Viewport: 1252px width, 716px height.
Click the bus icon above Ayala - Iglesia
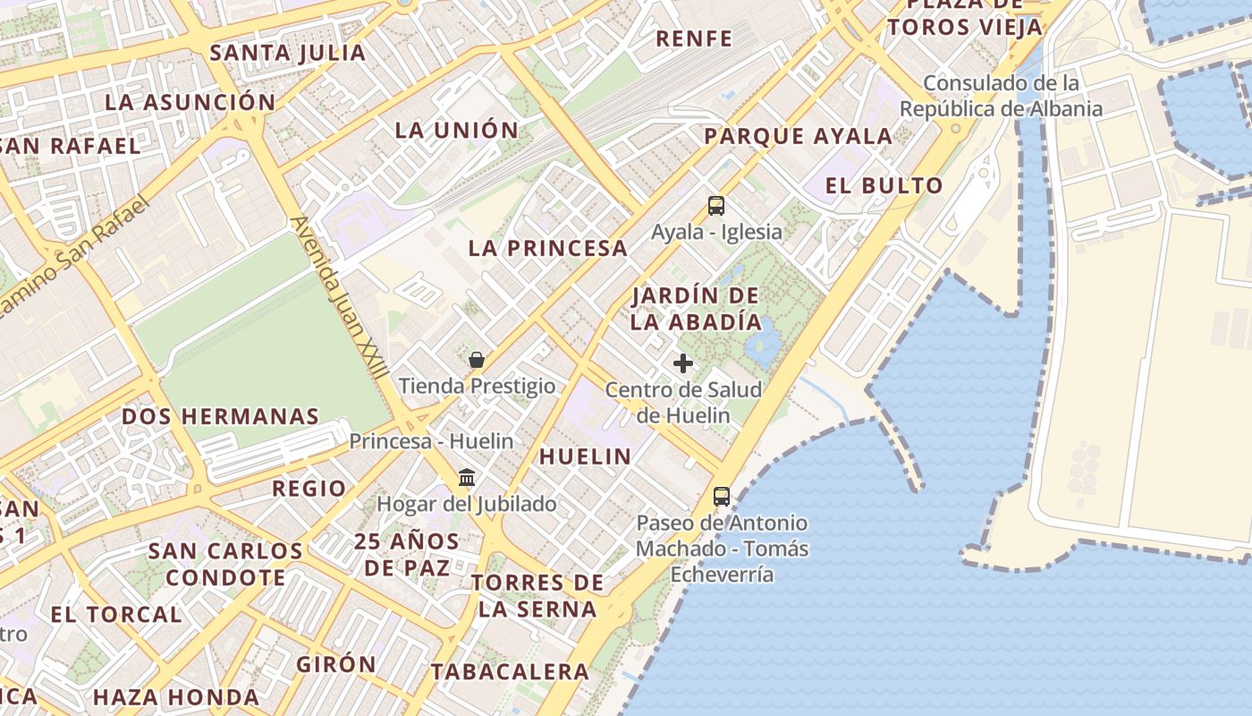(x=715, y=206)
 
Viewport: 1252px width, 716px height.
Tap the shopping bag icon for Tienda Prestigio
(x=477, y=361)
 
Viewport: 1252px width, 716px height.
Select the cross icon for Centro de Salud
(x=683, y=363)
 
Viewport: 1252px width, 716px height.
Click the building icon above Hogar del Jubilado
(x=466, y=478)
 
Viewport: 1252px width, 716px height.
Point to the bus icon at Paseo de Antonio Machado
(x=722, y=497)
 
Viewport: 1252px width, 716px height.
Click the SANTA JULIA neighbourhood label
(x=288, y=53)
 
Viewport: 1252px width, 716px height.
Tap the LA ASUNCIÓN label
(x=190, y=102)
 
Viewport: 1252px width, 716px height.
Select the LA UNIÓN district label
(x=457, y=131)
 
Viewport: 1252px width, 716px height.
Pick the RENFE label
(x=694, y=39)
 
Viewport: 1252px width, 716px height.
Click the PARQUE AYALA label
(x=798, y=137)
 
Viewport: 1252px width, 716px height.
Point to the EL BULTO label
(x=884, y=186)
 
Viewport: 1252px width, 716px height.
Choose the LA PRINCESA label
(x=548, y=249)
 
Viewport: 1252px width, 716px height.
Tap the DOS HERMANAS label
(x=220, y=417)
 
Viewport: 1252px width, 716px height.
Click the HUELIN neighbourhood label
(x=585, y=456)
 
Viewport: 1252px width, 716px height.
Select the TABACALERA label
(x=510, y=672)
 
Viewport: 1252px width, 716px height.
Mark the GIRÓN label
(x=336, y=665)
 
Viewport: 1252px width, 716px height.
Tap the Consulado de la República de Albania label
(x=1001, y=96)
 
